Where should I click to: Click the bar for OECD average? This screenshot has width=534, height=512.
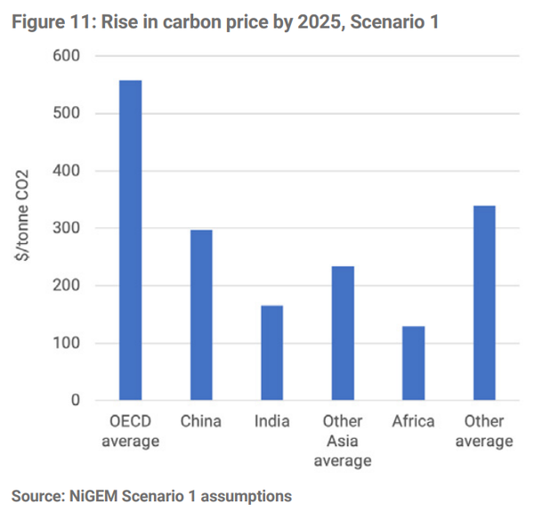(x=130, y=240)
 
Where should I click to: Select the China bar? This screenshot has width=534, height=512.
(x=201, y=315)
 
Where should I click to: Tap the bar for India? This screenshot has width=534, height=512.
(x=271, y=353)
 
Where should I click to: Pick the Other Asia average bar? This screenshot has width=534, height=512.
(x=343, y=333)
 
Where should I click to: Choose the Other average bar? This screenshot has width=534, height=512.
(x=484, y=303)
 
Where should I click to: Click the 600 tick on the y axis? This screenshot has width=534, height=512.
(x=69, y=56)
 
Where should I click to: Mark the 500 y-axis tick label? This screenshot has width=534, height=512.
(x=69, y=114)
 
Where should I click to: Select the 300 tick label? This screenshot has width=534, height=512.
(x=69, y=229)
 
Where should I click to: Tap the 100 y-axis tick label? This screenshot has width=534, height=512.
(x=69, y=344)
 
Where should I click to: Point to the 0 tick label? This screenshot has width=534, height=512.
(x=75, y=401)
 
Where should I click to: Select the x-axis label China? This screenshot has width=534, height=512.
(x=201, y=421)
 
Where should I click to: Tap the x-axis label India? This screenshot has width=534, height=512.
(x=271, y=421)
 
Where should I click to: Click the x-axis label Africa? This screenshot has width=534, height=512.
(x=414, y=421)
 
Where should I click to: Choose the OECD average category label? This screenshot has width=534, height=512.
(x=130, y=431)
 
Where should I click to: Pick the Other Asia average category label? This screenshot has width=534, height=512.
(x=343, y=441)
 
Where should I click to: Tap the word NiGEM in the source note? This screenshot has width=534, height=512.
(x=99, y=495)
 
